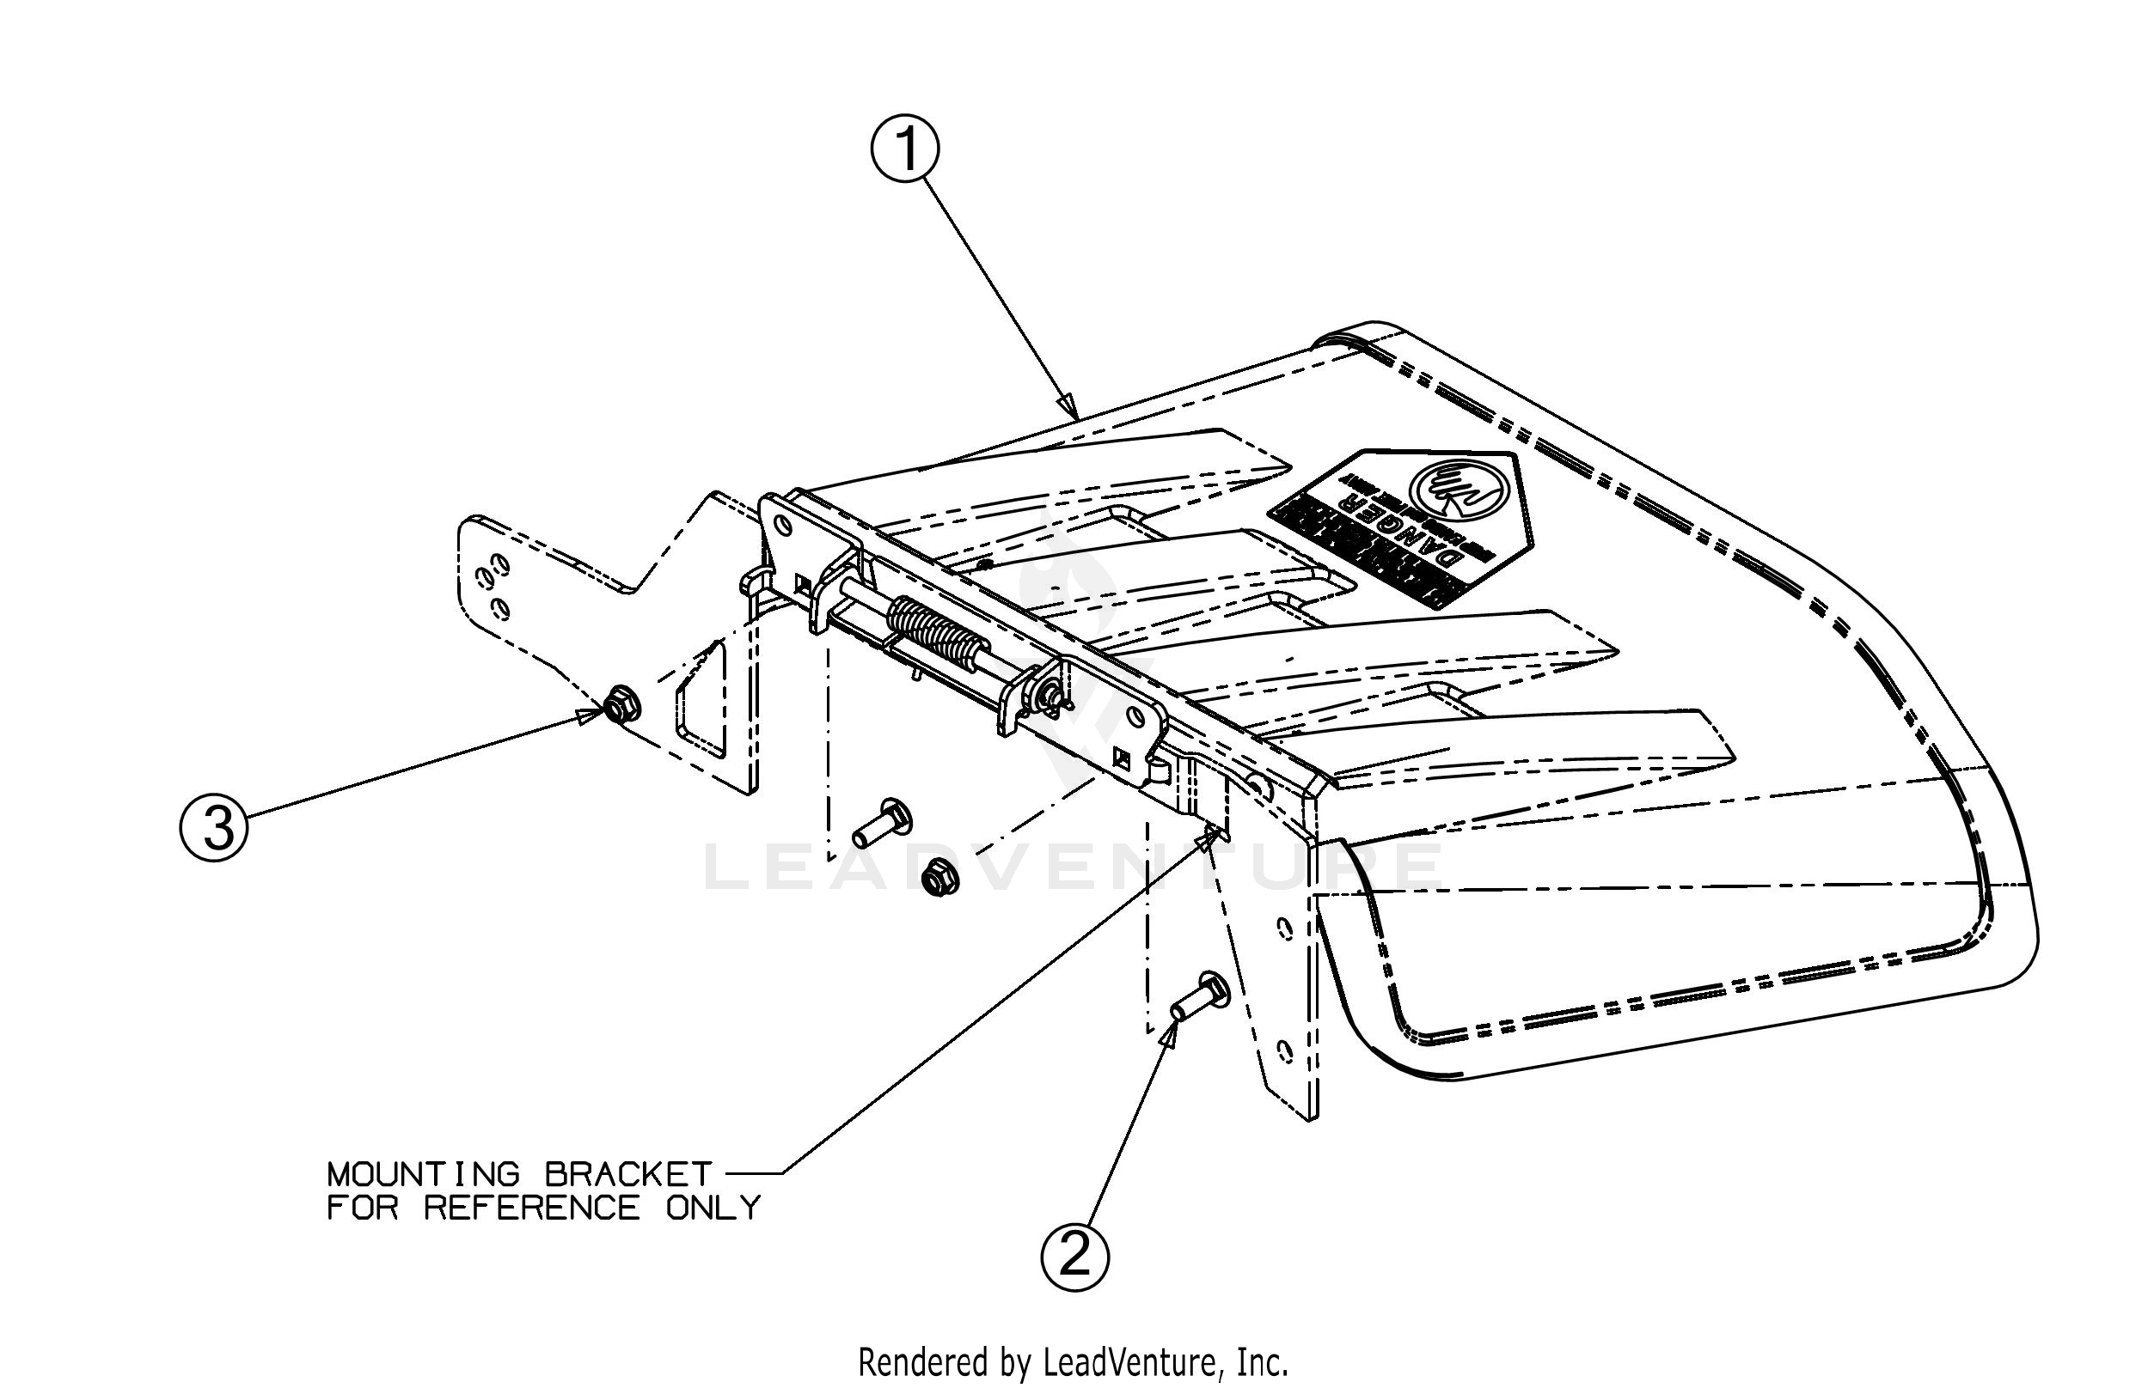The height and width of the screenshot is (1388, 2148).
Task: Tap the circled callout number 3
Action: point(214,826)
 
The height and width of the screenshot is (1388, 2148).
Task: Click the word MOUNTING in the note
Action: point(424,1174)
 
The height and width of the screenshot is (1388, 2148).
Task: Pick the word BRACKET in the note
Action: point(627,1174)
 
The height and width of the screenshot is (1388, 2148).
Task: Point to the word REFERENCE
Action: point(532,1208)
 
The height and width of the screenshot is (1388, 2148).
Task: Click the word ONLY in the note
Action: point(713,1208)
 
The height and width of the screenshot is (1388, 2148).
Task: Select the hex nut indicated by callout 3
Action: point(620,703)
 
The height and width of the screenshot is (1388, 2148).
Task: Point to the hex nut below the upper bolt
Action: point(939,876)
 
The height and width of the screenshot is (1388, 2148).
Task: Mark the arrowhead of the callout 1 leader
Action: point(1068,408)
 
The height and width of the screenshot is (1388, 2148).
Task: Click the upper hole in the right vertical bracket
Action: point(1284,928)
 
